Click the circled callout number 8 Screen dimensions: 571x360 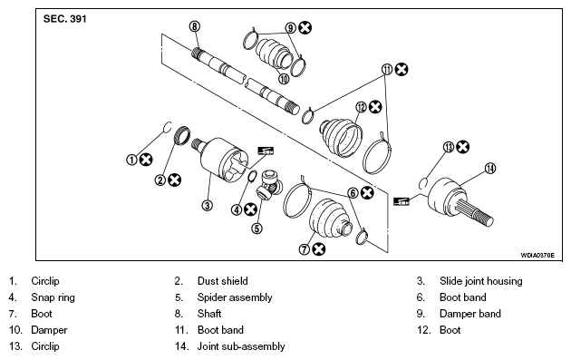point(195,26)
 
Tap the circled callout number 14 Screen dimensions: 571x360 point(490,169)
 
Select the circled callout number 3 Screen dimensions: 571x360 point(208,205)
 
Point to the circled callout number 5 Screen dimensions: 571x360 point(257,229)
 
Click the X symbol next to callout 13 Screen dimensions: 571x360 point(463,147)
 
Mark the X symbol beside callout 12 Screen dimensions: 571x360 point(375,107)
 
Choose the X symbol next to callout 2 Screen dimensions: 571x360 point(174,180)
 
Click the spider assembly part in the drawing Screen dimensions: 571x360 point(269,185)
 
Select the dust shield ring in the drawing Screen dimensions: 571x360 point(183,135)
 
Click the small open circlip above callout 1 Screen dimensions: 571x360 point(167,127)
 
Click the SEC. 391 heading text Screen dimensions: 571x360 point(65,18)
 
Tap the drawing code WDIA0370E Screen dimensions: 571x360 point(537,255)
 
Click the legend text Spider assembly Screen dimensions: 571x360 point(235,297)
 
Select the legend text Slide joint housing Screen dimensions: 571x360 point(480,281)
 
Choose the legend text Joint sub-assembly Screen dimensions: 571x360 point(241,346)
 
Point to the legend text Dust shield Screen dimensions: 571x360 point(222,281)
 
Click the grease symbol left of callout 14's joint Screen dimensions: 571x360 point(402,200)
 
